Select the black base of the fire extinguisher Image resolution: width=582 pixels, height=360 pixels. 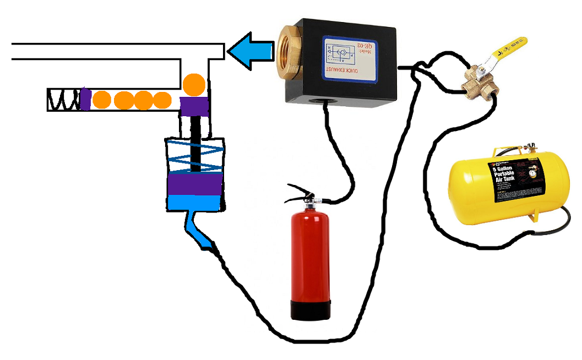click(x=311, y=310)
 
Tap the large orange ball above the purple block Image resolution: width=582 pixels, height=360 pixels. click(x=194, y=84)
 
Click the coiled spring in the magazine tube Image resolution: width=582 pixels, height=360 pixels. click(x=64, y=100)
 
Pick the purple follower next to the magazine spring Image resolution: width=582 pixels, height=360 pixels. click(x=85, y=100)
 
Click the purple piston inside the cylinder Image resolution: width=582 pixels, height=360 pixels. click(x=195, y=184)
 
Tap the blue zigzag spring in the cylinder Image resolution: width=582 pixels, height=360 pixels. click(x=195, y=156)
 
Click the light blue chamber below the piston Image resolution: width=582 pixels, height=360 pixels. click(x=195, y=203)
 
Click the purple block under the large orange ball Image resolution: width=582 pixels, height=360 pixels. click(x=194, y=106)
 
